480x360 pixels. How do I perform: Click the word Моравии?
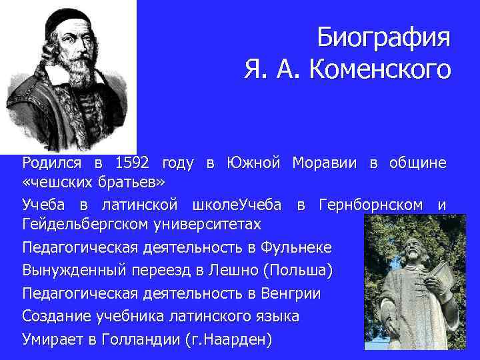click(324, 163)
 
